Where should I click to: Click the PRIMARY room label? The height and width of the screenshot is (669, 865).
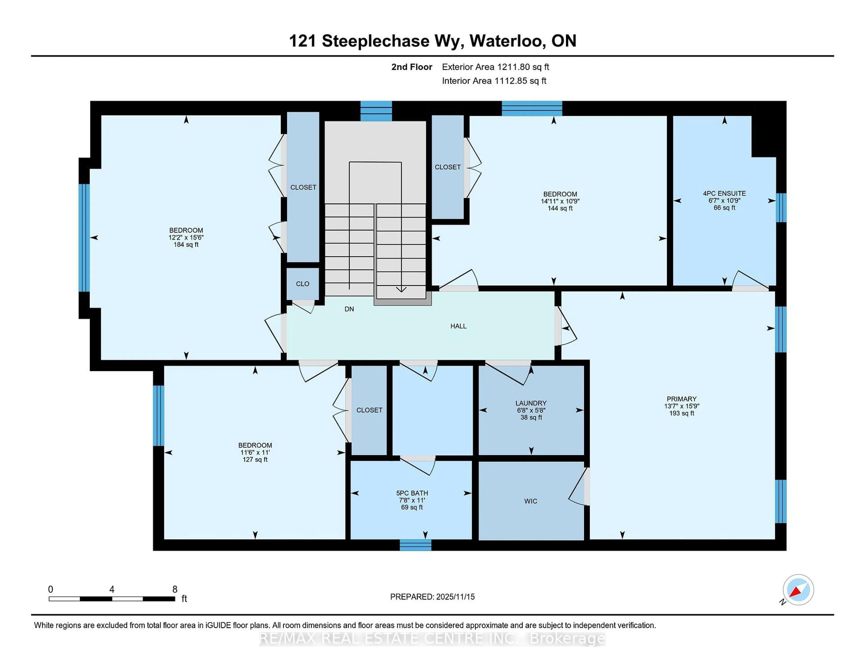point(681,399)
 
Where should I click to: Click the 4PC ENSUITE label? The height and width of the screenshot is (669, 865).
point(724,193)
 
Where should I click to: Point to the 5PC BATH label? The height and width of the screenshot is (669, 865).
point(412,493)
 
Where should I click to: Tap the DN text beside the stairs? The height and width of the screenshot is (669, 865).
point(349,309)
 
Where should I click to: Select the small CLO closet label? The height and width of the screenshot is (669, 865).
point(303,284)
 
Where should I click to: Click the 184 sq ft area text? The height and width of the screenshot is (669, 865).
point(186,245)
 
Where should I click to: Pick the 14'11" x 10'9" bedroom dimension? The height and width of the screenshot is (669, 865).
point(560,201)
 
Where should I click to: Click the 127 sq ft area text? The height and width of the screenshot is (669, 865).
point(255,459)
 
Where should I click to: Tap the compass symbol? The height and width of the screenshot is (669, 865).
point(798,590)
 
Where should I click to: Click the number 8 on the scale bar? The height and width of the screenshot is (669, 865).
point(175,589)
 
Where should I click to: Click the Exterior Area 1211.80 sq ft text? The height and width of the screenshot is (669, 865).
point(496,67)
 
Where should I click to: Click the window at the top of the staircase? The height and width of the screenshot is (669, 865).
point(376,111)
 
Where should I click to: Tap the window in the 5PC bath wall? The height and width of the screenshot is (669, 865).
point(415,545)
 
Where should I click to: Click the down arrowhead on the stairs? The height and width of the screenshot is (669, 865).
point(401,290)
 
